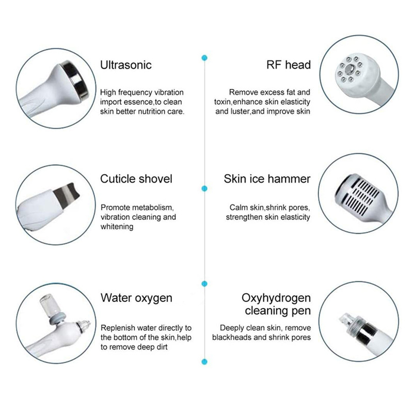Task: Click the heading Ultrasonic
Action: (126, 65)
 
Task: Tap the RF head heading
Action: (289, 65)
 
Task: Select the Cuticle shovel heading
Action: (136, 179)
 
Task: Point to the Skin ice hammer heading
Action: (267, 179)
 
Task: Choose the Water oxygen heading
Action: (136, 298)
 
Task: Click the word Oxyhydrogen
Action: (276, 298)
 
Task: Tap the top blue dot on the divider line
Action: (204, 58)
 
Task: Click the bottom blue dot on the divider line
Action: (204, 362)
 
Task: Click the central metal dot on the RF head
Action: (350, 70)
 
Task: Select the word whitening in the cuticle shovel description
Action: (117, 227)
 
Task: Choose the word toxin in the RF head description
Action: (223, 102)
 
